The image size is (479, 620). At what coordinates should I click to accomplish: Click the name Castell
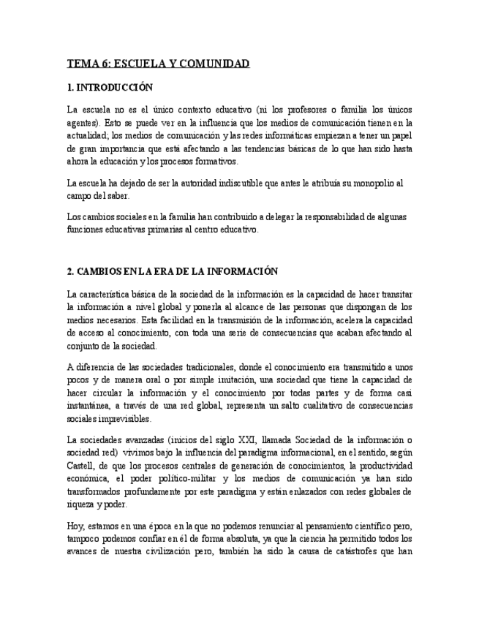(80, 466)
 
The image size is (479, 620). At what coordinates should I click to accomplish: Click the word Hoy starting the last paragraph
(75, 526)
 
